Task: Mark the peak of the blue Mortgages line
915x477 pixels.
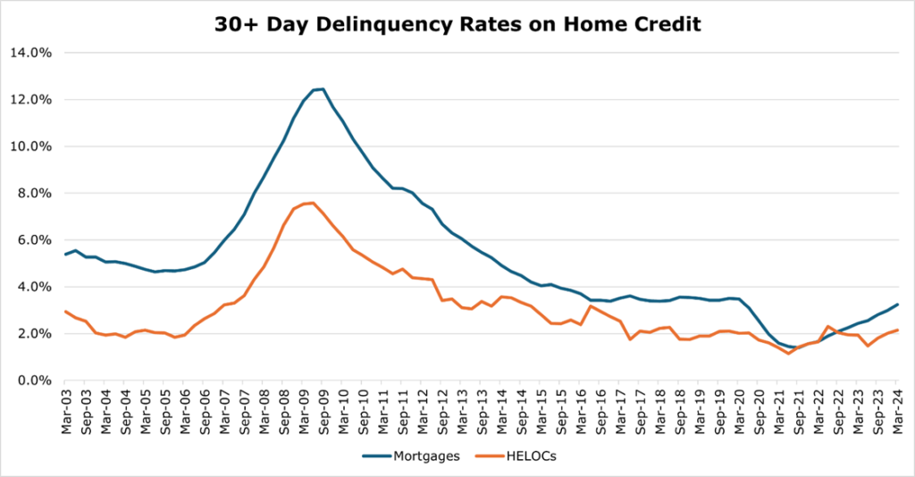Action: coord(323,88)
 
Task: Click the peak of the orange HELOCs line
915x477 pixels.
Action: coord(313,203)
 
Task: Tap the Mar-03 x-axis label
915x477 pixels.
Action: coord(66,408)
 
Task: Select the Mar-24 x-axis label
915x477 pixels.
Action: coord(897,408)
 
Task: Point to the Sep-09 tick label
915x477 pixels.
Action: coord(323,408)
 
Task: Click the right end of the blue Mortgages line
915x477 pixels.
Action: coord(897,305)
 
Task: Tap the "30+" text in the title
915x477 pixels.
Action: coord(234,25)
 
